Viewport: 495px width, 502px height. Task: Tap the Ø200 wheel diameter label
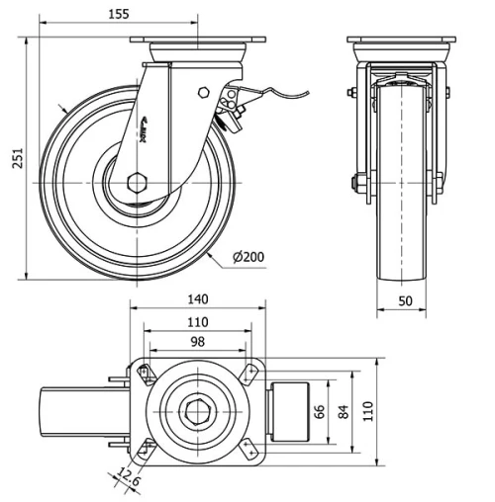pyautogui.click(x=248, y=257)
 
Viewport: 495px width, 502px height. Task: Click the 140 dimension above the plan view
pyautogui.click(x=197, y=299)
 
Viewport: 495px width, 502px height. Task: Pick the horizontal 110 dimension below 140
pyautogui.click(x=197, y=322)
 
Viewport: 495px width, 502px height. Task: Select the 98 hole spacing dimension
pyautogui.click(x=197, y=341)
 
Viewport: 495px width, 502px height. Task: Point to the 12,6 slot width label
pyautogui.click(x=124, y=477)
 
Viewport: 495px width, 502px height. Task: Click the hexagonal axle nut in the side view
pyautogui.click(x=137, y=183)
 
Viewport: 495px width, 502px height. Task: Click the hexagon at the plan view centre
pyautogui.click(x=196, y=409)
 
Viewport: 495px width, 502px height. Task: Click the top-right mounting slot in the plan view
pyautogui.click(x=248, y=373)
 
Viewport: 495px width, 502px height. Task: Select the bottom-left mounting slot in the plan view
pyautogui.click(x=145, y=447)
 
